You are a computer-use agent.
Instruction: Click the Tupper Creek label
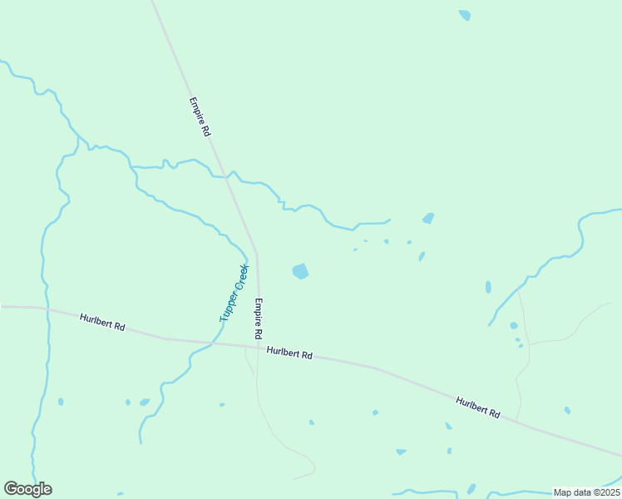234,293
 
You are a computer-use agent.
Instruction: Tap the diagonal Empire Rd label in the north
200,117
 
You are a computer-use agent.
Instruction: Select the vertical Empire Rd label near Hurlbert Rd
259,318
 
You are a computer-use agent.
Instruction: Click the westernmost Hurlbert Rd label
102,323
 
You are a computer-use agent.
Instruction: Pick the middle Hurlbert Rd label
289,353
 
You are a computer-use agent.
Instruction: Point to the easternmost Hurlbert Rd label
478,408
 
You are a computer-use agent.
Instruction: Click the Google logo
28,489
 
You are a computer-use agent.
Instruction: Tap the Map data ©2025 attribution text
586,492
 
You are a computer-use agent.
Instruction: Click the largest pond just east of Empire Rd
300,271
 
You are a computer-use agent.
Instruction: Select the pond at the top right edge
465,15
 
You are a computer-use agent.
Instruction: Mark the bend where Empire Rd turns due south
256,253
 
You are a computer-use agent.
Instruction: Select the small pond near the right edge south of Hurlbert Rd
567,410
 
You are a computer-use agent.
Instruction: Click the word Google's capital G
11,489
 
